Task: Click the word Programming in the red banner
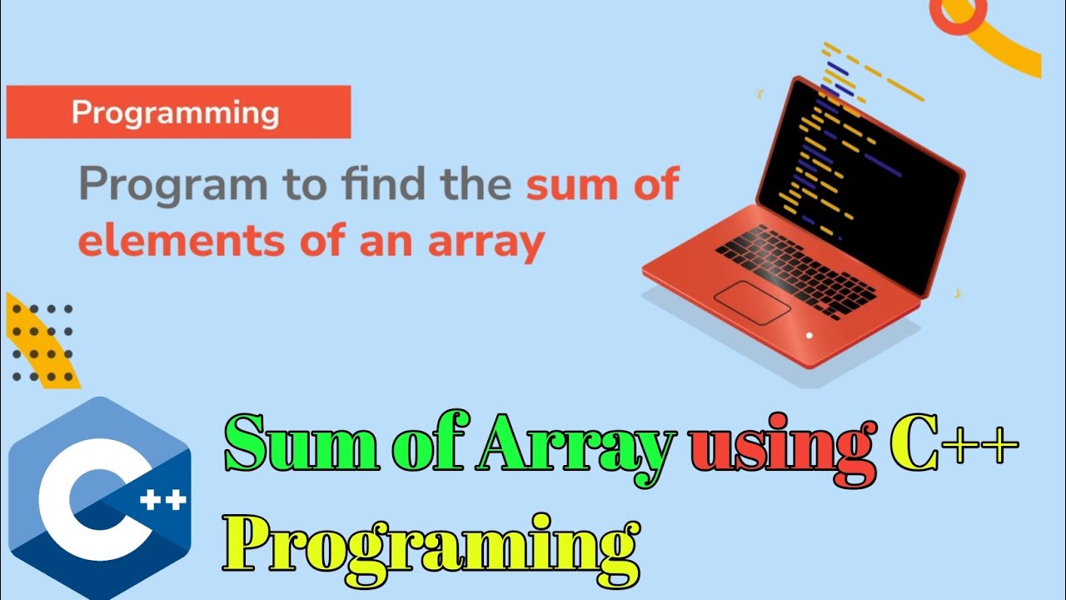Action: click(x=175, y=112)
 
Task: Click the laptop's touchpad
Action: click(x=752, y=302)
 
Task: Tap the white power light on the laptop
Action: click(x=808, y=335)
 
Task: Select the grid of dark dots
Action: click(x=42, y=342)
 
